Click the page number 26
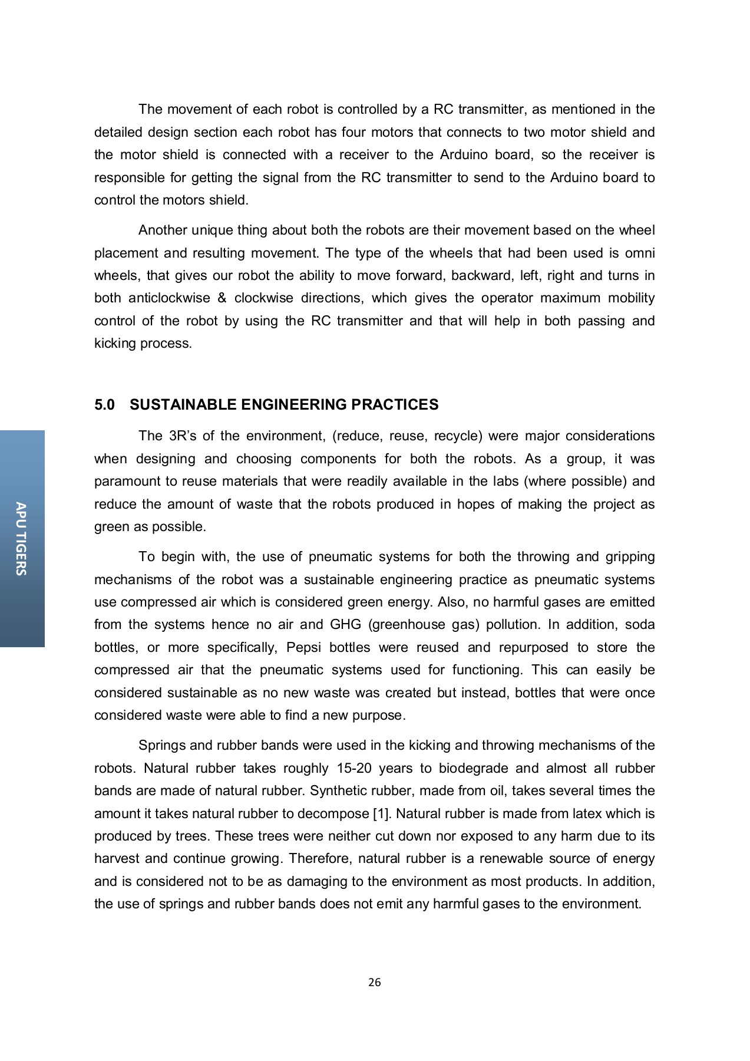pyautogui.click(x=374, y=983)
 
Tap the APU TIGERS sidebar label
pyautogui.click(x=21, y=538)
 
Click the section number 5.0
pyautogui.click(x=104, y=405)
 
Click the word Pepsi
pyautogui.click(x=303, y=647)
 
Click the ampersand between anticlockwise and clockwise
pyautogui.click(x=222, y=298)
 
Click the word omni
pyautogui.click(x=640, y=253)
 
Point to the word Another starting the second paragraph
pyautogui.click(x=163, y=230)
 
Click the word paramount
pyautogui.click(x=127, y=482)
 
